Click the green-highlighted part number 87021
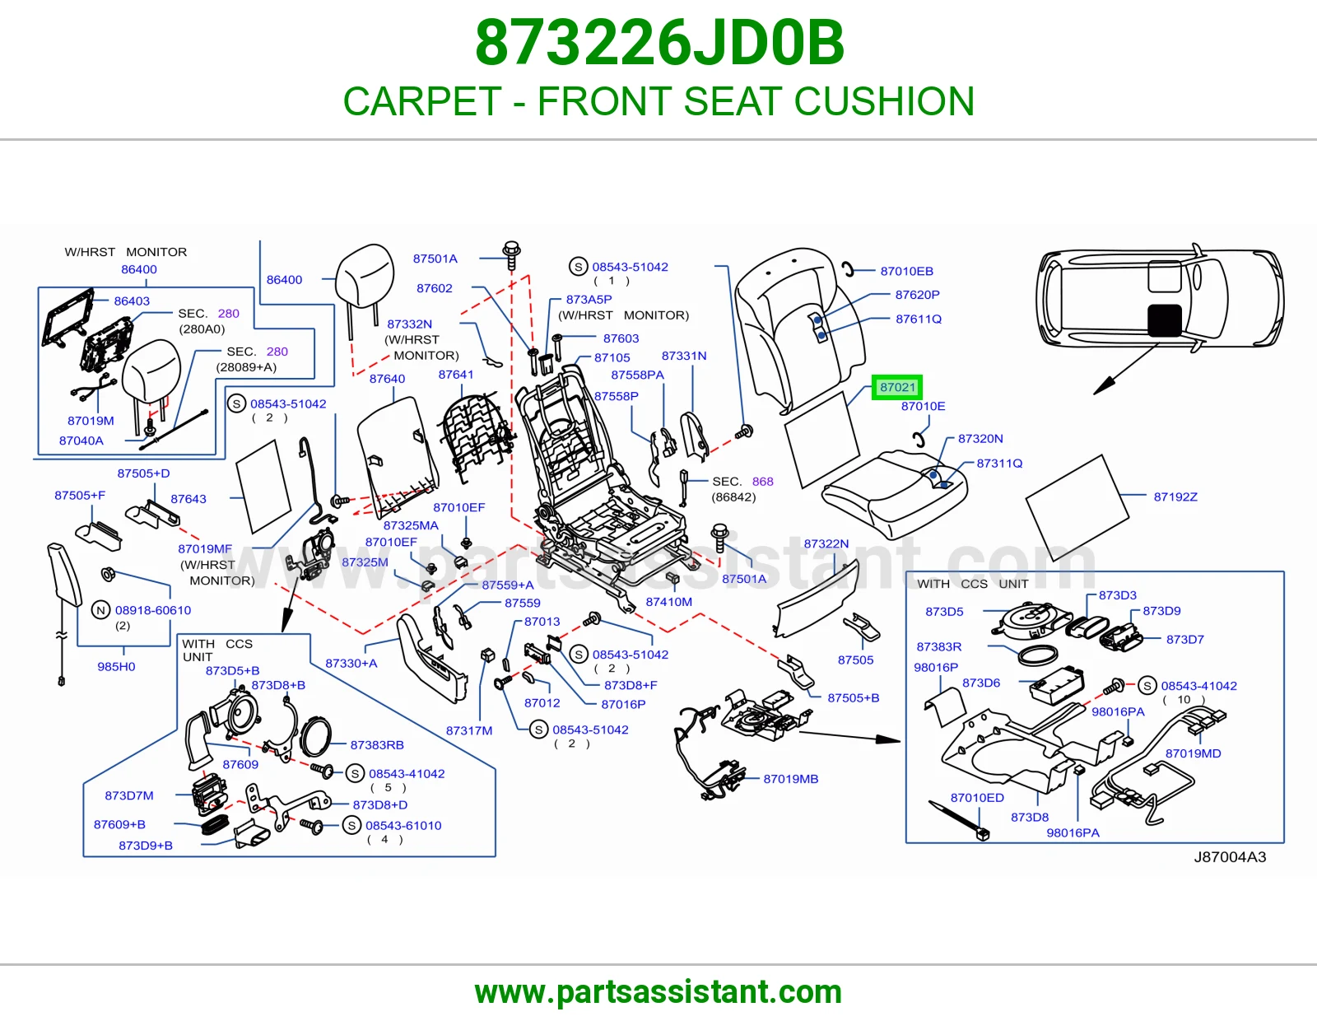click(897, 388)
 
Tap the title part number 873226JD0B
click(659, 43)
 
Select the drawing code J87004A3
click(1230, 856)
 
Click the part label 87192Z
click(1175, 497)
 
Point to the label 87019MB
click(790, 778)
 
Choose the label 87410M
click(668, 601)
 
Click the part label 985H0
click(116, 666)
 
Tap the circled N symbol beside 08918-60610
click(100, 610)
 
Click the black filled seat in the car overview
click(1164, 320)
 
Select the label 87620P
click(917, 295)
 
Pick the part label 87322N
click(826, 543)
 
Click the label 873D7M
click(129, 795)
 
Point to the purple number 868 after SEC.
click(762, 482)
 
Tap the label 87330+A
click(351, 664)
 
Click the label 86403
click(132, 301)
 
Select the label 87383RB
click(377, 744)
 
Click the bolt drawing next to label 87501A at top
click(511, 255)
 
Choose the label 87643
click(188, 498)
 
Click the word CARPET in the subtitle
click(422, 101)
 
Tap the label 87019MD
click(1193, 753)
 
